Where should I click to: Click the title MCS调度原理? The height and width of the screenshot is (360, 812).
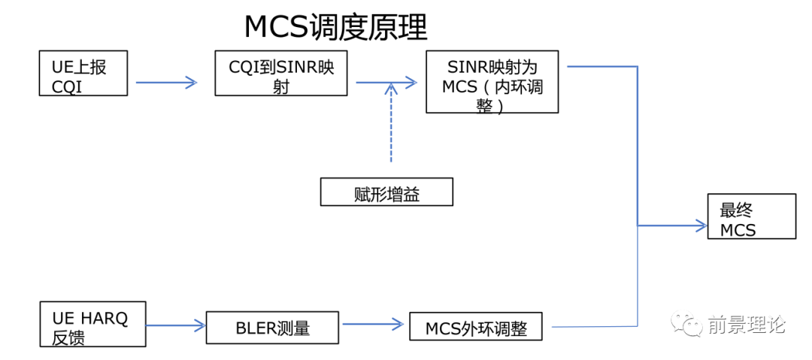click(335, 28)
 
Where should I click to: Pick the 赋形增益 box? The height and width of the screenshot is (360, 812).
click(386, 193)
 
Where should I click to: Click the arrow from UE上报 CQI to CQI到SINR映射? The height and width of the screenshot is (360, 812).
click(166, 83)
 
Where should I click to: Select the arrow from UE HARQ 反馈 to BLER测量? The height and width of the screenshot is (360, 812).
click(175, 325)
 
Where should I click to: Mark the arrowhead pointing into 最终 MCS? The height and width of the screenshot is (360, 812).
click(702, 224)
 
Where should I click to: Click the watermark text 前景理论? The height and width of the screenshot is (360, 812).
click(746, 325)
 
